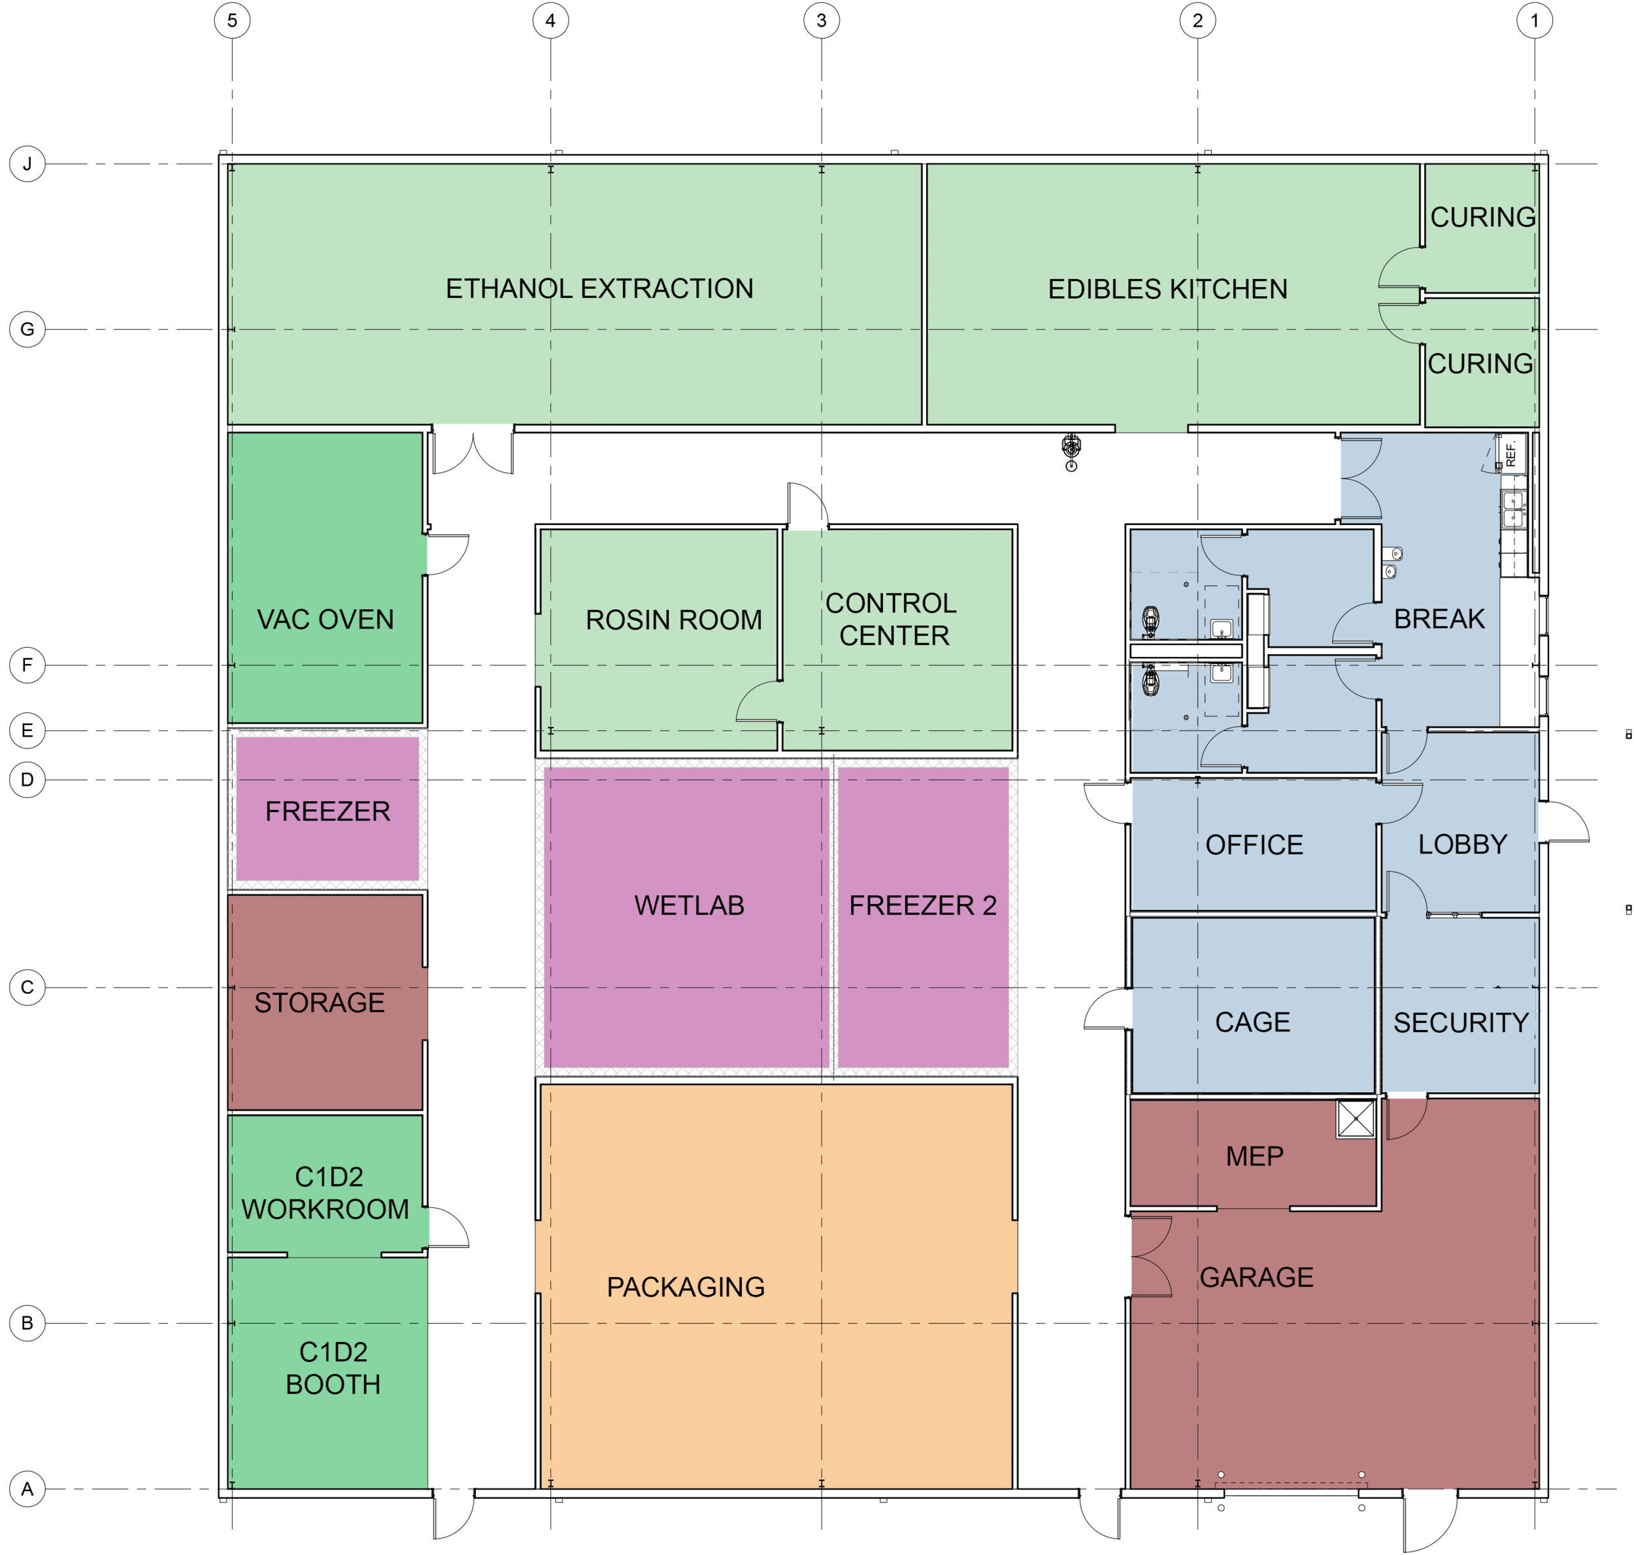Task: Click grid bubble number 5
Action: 232,21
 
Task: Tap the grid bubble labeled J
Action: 27,163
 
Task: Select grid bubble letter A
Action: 27,1489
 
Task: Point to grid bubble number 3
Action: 822,21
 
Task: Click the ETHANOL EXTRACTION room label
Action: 599,288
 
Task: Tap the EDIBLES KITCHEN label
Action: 1167,290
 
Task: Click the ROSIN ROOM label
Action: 673,620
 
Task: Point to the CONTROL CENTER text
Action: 892,619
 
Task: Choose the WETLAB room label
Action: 689,905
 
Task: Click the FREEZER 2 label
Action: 923,905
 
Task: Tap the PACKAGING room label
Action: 686,1287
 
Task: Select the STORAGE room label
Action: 319,1003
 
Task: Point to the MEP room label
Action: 1254,1156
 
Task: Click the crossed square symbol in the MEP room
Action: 1356,1119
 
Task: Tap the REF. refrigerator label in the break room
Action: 1510,454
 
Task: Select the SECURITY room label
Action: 1461,1023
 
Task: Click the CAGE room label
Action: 1253,1022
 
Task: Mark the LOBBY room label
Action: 1462,844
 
